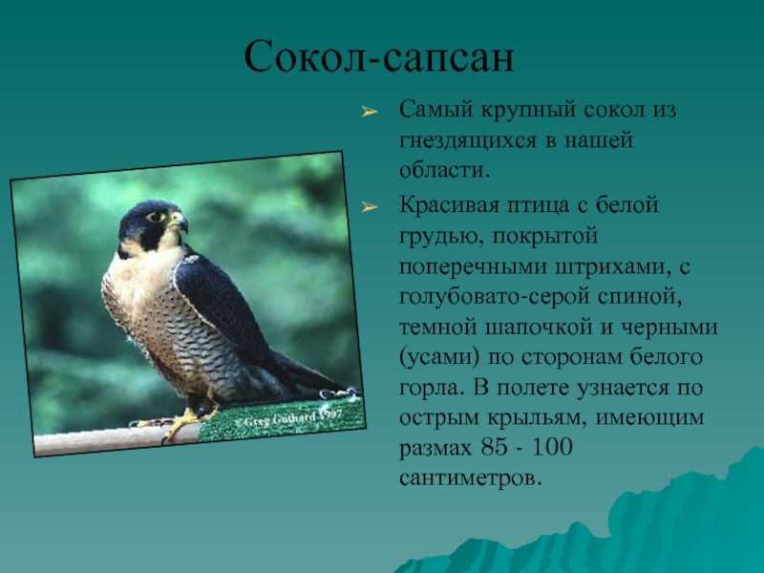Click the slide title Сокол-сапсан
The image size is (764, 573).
(x=378, y=57)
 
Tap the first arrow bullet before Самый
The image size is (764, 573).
(x=370, y=113)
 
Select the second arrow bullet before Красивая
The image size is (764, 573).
(x=370, y=208)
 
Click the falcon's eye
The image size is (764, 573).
(x=157, y=217)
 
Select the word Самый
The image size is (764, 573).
(x=436, y=110)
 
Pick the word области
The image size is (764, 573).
(x=444, y=170)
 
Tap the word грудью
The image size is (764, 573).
(x=441, y=237)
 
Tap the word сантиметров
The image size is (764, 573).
(x=470, y=477)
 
